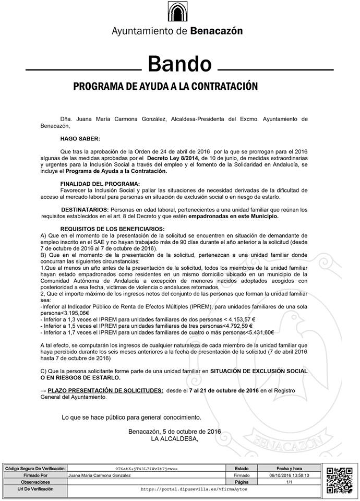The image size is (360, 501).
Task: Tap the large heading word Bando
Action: coord(179,64)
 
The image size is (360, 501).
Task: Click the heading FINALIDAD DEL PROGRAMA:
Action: coord(100,184)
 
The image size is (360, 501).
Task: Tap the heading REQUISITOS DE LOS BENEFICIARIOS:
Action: coord(112,229)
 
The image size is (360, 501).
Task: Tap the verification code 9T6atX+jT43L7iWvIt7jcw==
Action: coord(147,469)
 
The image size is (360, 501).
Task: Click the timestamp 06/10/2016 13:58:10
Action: coord(289,476)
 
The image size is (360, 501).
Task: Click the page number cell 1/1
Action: coord(289,483)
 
